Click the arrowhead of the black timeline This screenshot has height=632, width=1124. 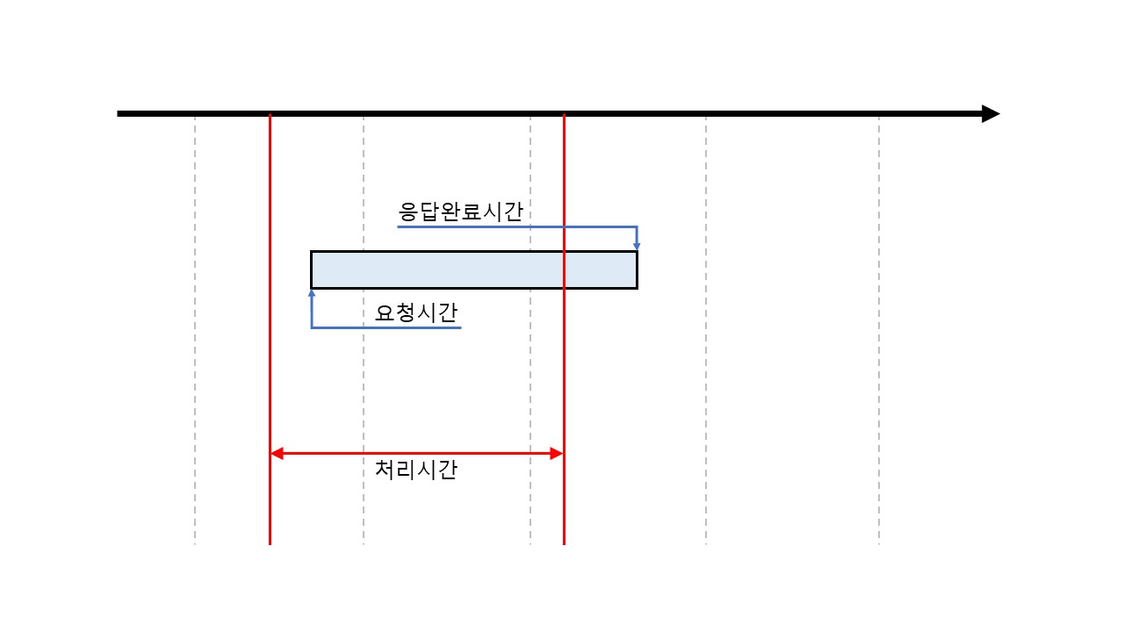991,113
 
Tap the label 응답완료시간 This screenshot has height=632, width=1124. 461,212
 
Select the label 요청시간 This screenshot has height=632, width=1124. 416,312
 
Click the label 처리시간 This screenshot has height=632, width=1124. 416,470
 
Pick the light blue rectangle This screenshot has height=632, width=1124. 473,269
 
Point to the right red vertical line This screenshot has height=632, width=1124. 564,369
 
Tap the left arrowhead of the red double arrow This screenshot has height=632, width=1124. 276,454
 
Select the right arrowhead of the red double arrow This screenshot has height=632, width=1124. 557,454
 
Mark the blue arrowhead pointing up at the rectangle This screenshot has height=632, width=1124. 312,294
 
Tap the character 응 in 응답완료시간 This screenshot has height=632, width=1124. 409,212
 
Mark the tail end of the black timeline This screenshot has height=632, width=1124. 120,113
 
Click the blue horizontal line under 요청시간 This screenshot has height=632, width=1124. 386,327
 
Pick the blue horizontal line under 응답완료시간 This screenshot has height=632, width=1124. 518,226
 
